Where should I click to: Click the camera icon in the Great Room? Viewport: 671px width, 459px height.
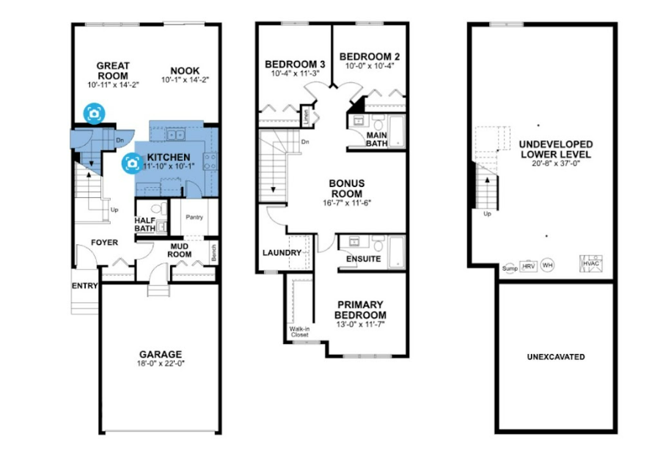[94, 114]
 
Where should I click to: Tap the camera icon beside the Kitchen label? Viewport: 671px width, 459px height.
[132, 164]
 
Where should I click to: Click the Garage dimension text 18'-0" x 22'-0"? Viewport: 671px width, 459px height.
[161, 364]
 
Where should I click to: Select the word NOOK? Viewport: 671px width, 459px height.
[185, 70]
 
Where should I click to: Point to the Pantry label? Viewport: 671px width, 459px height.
[194, 217]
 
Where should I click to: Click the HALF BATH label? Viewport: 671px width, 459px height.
[145, 224]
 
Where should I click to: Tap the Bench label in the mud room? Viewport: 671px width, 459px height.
[214, 253]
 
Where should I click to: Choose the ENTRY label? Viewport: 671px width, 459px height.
[85, 285]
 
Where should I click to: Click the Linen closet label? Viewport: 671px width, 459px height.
[306, 117]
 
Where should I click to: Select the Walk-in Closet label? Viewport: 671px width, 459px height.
[299, 331]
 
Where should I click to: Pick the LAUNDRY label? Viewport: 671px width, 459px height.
[282, 253]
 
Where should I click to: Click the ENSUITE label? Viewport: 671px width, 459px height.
[363, 259]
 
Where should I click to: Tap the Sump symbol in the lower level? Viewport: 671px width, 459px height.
[510, 268]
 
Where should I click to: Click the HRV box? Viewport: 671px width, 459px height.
[529, 266]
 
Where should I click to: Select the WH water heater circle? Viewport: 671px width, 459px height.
[547, 265]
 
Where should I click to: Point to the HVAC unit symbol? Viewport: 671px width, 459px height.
[591, 263]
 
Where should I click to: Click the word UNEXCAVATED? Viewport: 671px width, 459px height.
[556, 357]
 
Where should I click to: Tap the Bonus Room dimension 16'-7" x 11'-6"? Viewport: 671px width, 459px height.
[347, 203]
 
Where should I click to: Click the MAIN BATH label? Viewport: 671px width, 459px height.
[377, 139]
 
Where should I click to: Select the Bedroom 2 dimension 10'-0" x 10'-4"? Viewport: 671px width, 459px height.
[370, 66]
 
